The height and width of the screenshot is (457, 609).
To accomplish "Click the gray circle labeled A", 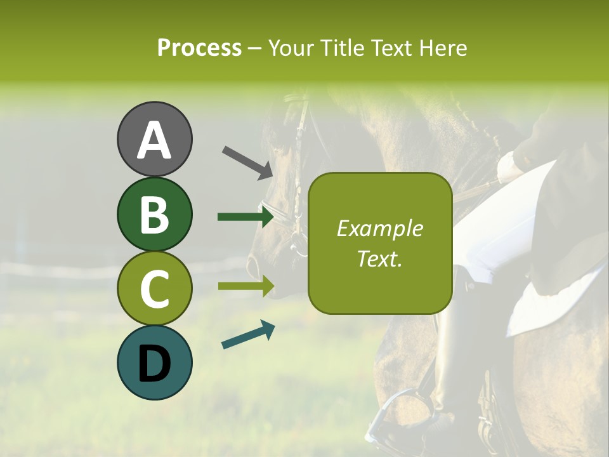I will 154,139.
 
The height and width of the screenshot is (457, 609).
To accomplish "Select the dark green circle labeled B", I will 154,214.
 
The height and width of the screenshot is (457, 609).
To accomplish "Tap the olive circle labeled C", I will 154,288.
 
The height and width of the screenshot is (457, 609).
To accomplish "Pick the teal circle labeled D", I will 154,362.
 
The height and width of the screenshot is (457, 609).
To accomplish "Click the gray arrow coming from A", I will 247,162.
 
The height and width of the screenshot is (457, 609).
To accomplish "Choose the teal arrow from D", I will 248,335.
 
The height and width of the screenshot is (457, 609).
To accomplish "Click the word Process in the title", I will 199,48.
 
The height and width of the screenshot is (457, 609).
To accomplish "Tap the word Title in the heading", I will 343,48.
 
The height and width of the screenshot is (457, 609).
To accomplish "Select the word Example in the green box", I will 379,228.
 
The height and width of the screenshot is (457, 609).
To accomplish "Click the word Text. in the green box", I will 379,258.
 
